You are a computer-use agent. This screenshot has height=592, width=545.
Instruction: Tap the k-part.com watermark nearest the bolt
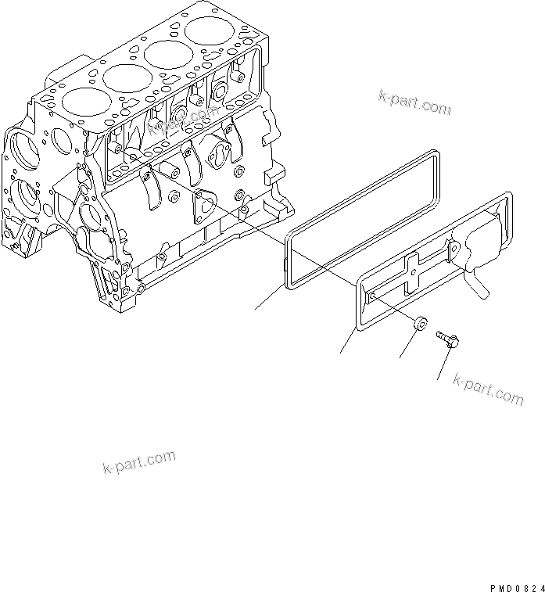[x=488, y=388]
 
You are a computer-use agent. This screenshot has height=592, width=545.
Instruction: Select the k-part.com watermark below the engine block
[x=139, y=462]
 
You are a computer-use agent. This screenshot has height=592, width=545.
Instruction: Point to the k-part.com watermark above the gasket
[x=414, y=102]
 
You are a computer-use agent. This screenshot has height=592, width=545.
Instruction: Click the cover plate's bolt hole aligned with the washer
[x=374, y=294]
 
